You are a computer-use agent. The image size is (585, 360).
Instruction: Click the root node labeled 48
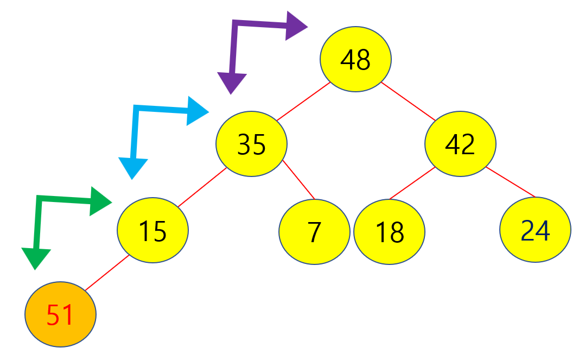[x=355, y=60]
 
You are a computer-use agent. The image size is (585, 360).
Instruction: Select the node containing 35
[x=251, y=144]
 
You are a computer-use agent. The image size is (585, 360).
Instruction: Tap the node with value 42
[x=460, y=144]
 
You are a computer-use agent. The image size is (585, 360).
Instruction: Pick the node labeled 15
[x=152, y=230]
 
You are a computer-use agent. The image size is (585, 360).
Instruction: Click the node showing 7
[x=314, y=232]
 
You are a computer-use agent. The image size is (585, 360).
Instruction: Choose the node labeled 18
[x=389, y=232]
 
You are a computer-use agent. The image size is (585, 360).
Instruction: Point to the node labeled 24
[x=535, y=230]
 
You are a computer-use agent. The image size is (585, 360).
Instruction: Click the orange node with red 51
[x=60, y=315]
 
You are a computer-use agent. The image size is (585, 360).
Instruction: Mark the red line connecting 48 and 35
[x=303, y=102]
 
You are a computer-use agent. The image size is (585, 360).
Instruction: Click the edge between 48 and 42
[x=409, y=101]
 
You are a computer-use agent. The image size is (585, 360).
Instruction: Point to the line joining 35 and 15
[x=202, y=187]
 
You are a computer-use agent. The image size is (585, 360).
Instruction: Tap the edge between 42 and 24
[x=511, y=182]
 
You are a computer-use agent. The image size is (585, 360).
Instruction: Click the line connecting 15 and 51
[x=107, y=273]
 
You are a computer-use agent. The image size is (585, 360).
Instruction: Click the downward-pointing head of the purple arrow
[x=231, y=83]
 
